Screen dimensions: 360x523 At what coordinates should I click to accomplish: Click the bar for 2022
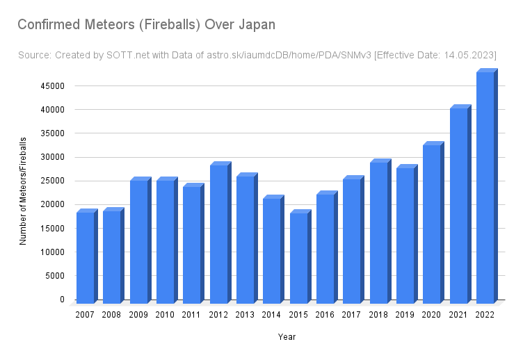tap(485, 188)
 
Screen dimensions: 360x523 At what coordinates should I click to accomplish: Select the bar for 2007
tap(86, 257)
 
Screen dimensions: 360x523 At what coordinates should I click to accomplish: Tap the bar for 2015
tap(299, 257)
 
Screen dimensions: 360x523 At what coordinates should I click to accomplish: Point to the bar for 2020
tap(432, 224)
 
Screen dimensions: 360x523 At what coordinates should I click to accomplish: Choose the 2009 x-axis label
tap(139, 316)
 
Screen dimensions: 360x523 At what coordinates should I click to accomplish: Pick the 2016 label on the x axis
tap(325, 316)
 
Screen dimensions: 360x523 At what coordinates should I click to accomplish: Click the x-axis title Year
tap(287, 337)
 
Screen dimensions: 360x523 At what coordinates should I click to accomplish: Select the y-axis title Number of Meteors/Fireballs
tap(22, 191)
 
